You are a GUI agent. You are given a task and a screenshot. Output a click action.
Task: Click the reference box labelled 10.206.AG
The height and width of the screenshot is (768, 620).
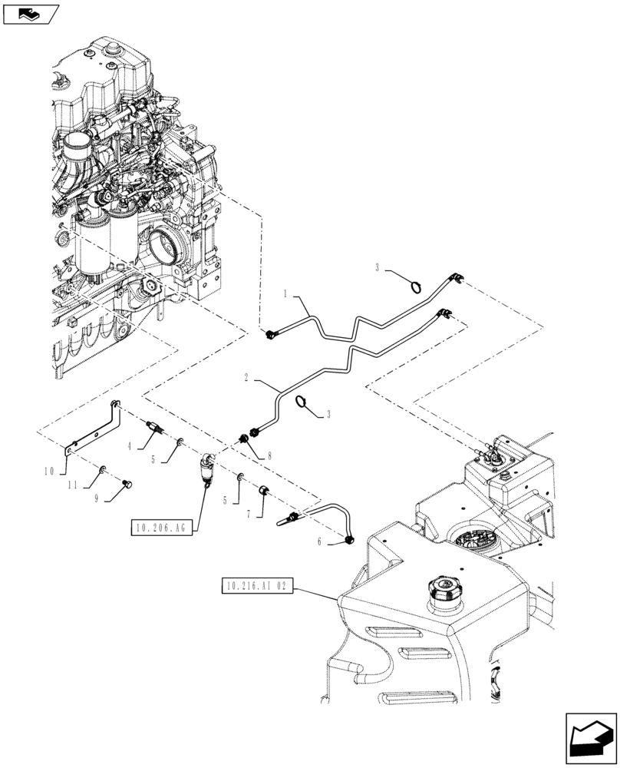point(162,528)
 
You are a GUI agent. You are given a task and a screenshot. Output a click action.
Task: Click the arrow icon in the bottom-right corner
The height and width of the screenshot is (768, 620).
point(590,739)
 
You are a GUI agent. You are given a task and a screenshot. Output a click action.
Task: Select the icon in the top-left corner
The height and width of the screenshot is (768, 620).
point(30,13)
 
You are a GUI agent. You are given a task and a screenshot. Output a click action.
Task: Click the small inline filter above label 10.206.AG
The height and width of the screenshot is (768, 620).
point(206,468)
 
